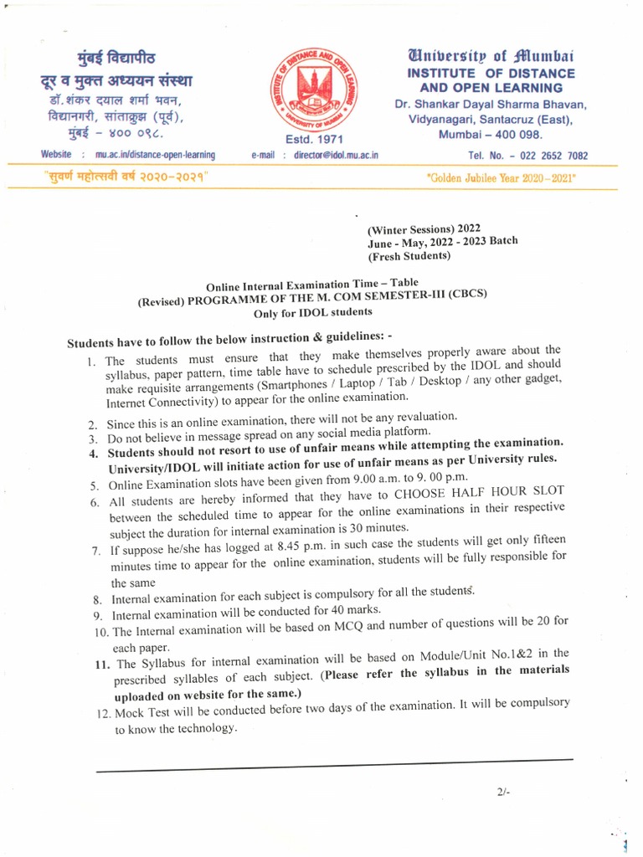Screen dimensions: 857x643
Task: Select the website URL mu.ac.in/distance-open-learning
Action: (x=155, y=155)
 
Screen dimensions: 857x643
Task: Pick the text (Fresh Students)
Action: (x=409, y=255)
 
